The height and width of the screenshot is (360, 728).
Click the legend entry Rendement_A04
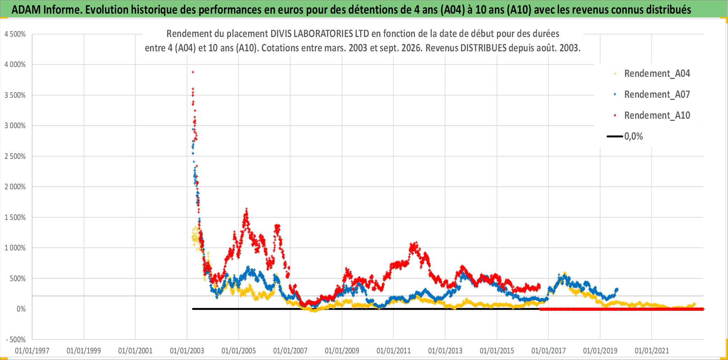tap(652, 74)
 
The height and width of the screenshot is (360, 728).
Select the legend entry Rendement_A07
tap(652, 95)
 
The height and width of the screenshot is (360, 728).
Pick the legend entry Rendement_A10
tap(652, 116)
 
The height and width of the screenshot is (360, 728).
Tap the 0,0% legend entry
tap(625, 136)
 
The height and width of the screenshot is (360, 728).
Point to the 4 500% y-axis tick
tap(15, 34)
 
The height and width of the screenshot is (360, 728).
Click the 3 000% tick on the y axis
tap(15, 126)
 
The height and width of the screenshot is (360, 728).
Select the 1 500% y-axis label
tap(15, 218)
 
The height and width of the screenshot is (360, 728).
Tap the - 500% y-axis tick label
tap(16, 340)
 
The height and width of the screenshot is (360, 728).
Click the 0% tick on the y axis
tap(21, 309)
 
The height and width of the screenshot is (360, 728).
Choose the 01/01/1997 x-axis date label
tap(32, 351)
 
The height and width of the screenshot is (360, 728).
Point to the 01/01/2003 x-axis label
tap(187, 351)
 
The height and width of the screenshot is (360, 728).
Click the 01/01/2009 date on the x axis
tap(342, 351)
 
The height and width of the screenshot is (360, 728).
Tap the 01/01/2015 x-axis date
tap(497, 351)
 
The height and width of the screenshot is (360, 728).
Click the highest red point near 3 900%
tap(193, 72)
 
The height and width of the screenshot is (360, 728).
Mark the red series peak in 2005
tap(246, 209)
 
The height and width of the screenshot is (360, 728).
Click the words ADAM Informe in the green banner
tap(46, 10)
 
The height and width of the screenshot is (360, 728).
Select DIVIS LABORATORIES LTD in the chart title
tap(320, 34)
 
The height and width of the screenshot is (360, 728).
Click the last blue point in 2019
tap(617, 289)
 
